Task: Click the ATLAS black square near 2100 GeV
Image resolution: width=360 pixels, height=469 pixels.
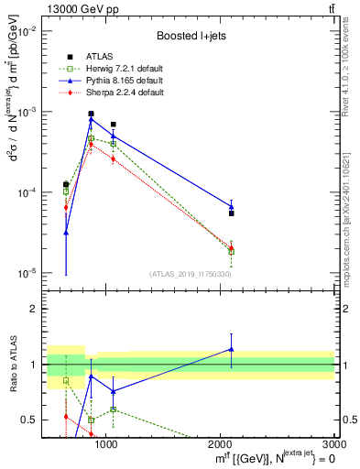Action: pos(231,213)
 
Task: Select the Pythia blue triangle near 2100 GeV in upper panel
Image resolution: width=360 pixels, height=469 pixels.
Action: pos(231,206)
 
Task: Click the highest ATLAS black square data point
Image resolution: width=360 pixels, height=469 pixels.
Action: pos(91,114)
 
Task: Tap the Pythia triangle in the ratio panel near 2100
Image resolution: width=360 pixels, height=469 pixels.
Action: pos(231,349)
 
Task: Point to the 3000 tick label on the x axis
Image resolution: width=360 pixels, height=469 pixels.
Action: pos(327,445)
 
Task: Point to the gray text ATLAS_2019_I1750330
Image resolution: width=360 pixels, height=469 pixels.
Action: pos(191,274)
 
